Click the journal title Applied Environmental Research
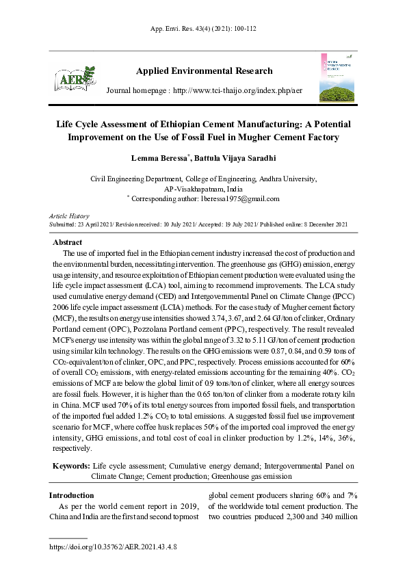pyautogui.click(x=204, y=71)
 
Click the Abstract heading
pyautogui.click(x=68, y=243)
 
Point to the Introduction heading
pyautogui.click(x=71, y=495)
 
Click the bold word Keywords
pyautogui.click(x=71, y=466)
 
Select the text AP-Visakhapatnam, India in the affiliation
pyautogui.click(x=203, y=188)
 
